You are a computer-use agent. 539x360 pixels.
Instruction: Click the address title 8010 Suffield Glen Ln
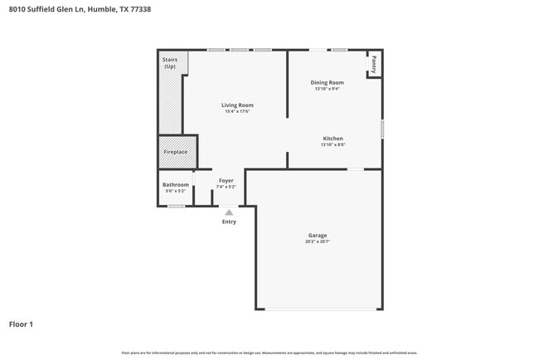[62, 10]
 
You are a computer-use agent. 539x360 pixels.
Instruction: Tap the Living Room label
[237, 105]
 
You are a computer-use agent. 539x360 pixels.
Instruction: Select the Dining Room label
[327, 82]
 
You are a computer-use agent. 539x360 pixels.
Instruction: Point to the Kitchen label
[333, 139]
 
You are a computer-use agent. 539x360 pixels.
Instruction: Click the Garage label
[318, 236]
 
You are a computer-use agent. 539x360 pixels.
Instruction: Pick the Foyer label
[226, 180]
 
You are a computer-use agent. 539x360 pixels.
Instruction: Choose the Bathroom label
[175, 184]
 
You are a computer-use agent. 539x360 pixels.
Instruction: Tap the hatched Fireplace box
[175, 152]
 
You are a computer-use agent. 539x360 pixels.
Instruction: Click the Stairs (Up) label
[170, 63]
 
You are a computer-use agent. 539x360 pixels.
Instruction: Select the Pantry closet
[374, 64]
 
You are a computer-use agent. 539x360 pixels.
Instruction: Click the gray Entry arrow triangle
[229, 212]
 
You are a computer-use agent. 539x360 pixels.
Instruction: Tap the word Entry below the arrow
[229, 221]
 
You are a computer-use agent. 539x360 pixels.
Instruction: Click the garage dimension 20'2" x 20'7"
[318, 241]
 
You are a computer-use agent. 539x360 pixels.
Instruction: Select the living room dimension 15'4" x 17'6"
[237, 111]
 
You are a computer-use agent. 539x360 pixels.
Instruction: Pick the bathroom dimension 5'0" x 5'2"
[175, 191]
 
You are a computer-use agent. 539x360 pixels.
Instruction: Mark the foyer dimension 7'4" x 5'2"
[226, 187]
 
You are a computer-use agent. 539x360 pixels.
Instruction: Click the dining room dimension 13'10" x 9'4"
[327, 89]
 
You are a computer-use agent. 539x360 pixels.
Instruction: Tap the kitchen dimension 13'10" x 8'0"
[333, 145]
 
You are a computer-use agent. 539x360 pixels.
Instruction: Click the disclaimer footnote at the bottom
[269, 353]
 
